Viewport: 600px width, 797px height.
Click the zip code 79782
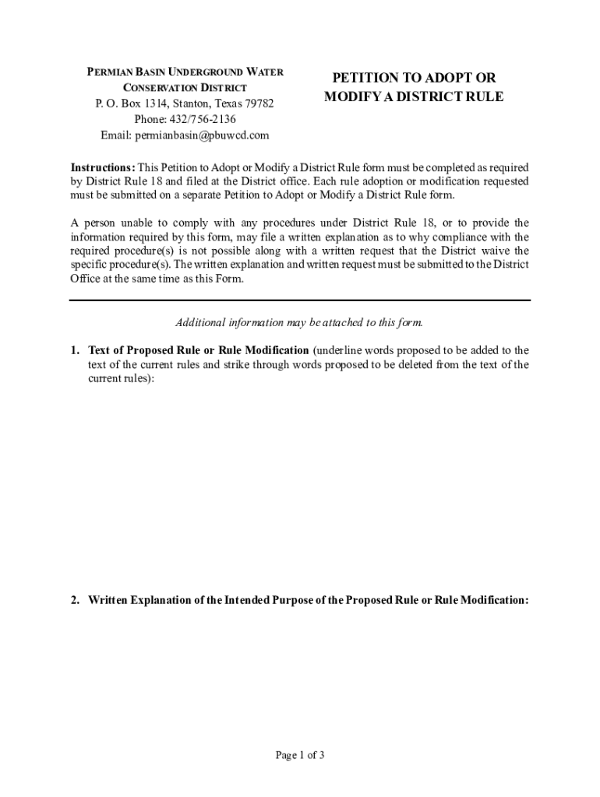tap(259, 104)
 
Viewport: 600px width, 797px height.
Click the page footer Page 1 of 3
tap(300, 754)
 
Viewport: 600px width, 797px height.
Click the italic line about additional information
tap(299, 322)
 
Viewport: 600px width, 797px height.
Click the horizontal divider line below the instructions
tap(299, 300)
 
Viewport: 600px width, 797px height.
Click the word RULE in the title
tap(482, 97)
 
